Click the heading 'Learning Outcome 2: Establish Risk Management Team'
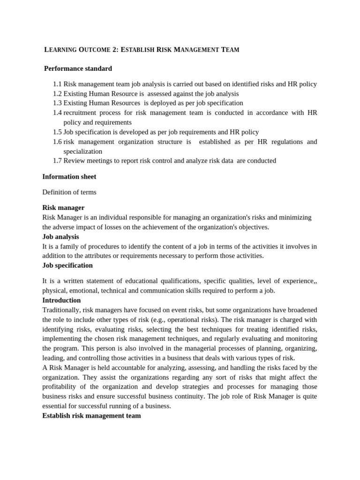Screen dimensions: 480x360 pyautogui.click(x=142, y=49)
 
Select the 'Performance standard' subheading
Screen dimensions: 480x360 pyautogui.click(x=78, y=68)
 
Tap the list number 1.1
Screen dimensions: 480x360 pyautogui.click(x=57, y=84)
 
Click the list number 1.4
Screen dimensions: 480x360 pyautogui.click(x=57, y=112)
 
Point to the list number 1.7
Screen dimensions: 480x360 pyautogui.click(x=57, y=160)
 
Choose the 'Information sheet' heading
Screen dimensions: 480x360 pyautogui.click(x=69, y=177)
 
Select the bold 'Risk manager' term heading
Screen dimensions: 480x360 pyautogui.click(x=63, y=208)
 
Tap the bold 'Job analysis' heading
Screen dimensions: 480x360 pyautogui.click(x=60, y=237)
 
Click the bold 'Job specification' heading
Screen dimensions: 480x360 pyautogui.click(x=67, y=265)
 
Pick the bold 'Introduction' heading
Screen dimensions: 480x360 pyautogui.click(x=61, y=300)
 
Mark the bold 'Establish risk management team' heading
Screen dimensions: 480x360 pyautogui.click(x=91, y=415)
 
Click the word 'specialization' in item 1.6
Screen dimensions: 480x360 pyautogui.click(x=82, y=151)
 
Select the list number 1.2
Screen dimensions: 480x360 pyautogui.click(x=57, y=93)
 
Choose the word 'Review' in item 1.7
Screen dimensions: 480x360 pyautogui.click(x=74, y=160)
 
